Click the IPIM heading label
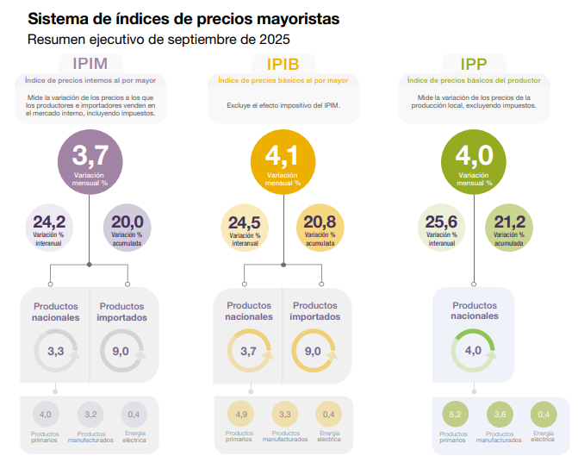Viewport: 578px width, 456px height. click(x=90, y=64)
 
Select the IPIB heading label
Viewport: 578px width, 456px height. click(x=283, y=64)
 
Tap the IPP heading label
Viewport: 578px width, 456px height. click(x=474, y=64)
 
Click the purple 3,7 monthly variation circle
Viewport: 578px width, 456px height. click(x=90, y=163)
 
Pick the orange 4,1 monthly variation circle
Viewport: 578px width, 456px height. click(x=283, y=163)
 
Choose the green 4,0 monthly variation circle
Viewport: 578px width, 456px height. click(x=474, y=163)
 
